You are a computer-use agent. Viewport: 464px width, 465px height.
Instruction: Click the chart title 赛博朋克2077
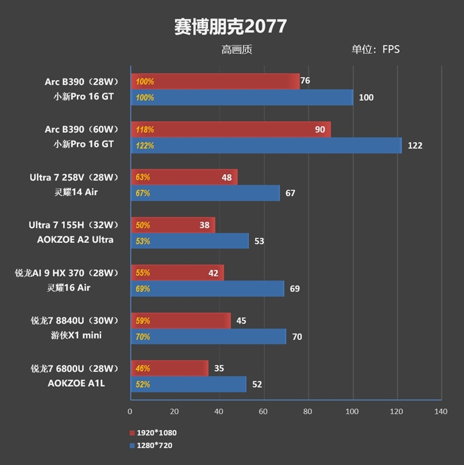230,26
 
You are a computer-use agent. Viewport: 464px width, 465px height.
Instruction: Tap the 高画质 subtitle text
237,50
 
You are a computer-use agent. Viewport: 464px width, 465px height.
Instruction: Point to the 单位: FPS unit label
375,50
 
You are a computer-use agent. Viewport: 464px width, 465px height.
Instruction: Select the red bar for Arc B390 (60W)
231,130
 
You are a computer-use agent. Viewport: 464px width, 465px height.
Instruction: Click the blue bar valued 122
266,146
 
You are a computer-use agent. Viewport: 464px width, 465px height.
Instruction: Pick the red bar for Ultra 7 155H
173,225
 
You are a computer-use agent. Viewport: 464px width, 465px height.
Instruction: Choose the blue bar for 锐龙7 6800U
188,384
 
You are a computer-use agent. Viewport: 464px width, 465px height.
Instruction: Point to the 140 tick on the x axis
441,412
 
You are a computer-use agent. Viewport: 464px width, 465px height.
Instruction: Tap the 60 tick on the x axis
263,412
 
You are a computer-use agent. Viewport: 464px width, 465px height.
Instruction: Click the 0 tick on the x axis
130,412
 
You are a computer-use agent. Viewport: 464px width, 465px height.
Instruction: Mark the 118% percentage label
144,130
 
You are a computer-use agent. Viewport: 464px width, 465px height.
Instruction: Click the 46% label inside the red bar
143,368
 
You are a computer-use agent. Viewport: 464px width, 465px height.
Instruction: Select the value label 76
305,81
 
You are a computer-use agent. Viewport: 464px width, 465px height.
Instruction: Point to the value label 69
295,289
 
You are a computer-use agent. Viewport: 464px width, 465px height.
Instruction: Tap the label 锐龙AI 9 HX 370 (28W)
66,273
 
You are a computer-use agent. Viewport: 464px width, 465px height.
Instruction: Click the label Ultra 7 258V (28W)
74,177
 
